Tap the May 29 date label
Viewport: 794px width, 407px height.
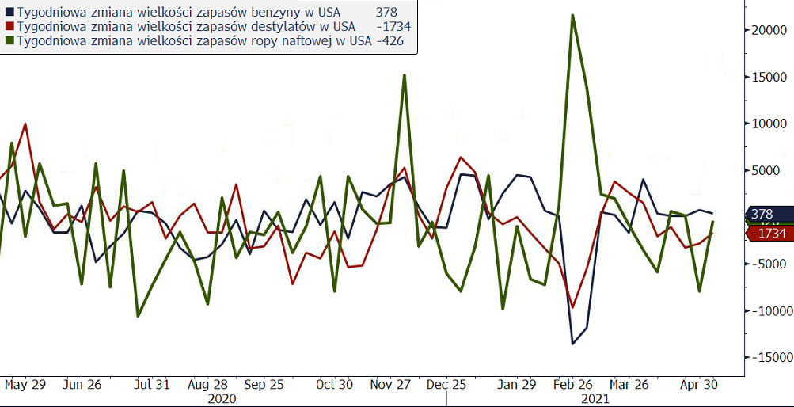click(25, 384)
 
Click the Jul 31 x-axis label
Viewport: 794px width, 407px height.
click(151, 384)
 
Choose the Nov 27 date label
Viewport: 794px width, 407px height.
click(390, 384)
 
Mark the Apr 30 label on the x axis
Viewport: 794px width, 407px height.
click(700, 384)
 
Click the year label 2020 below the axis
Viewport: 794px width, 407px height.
click(222, 398)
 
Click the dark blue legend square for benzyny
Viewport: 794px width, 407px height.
click(9, 13)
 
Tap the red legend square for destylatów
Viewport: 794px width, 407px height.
click(9, 27)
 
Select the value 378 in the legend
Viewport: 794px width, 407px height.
click(386, 13)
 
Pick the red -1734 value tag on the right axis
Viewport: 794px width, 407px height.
click(769, 234)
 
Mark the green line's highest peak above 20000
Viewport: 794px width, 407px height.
click(572, 15)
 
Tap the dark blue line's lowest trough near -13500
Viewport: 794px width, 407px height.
click(572, 344)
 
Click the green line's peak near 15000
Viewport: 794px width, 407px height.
click(405, 75)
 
